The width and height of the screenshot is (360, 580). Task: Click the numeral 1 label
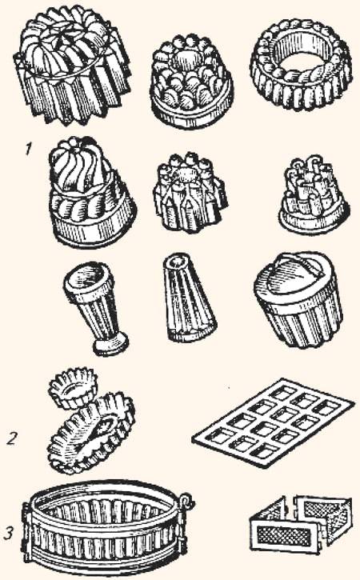click(x=29, y=150)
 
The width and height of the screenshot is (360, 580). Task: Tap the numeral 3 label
click(x=10, y=533)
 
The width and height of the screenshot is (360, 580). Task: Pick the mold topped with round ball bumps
click(x=192, y=82)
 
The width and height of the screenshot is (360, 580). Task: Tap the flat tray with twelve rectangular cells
click(x=273, y=422)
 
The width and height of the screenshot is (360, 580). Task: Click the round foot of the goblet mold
click(x=111, y=345)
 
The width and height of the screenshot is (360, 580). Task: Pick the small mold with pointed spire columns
click(x=190, y=192)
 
